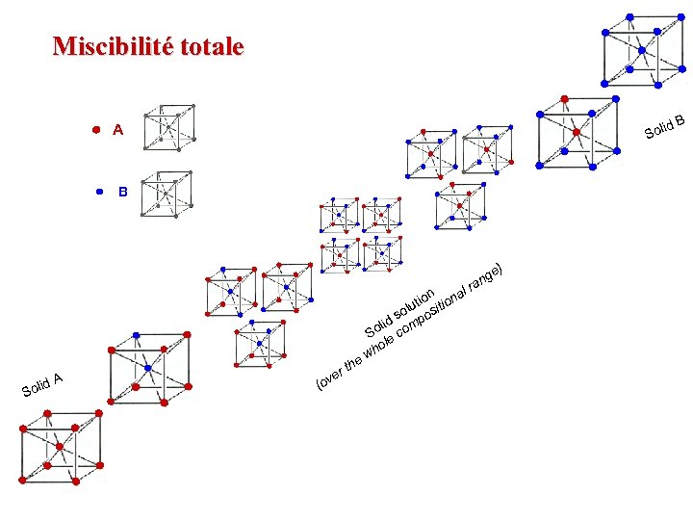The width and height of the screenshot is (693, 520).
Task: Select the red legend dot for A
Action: [96, 128]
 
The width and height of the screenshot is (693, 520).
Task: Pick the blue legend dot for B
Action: [99, 192]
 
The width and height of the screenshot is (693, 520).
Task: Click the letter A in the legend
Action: [117, 128]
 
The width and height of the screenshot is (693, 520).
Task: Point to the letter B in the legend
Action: [123, 192]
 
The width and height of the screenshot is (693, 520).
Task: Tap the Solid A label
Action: [42, 385]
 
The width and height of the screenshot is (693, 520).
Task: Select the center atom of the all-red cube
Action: [59, 447]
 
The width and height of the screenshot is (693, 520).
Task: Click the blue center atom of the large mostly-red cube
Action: [147, 368]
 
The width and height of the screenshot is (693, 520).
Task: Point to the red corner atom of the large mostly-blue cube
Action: [564, 98]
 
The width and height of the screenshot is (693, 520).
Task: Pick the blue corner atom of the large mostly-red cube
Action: [137, 335]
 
